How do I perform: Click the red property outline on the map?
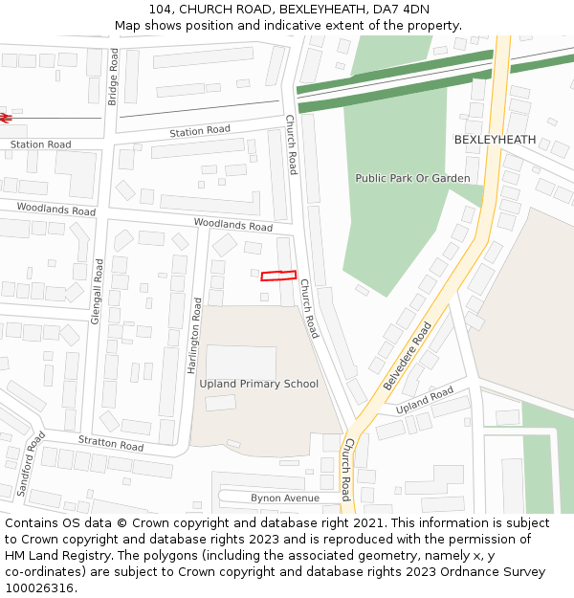(278, 276)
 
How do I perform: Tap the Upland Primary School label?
(258, 384)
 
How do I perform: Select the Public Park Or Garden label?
(412, 178)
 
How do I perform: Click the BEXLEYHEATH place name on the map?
(495, 140)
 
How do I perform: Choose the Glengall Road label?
(97, 291)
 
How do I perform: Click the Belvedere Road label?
(408, 355)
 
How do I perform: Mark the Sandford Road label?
(32, 464)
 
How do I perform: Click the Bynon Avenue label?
(285, 498)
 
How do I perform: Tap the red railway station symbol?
(5, 118)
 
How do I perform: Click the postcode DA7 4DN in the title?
(403, 10)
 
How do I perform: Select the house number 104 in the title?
(160, 10)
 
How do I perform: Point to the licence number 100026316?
(40, 587)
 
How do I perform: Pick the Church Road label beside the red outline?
(308, 308)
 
